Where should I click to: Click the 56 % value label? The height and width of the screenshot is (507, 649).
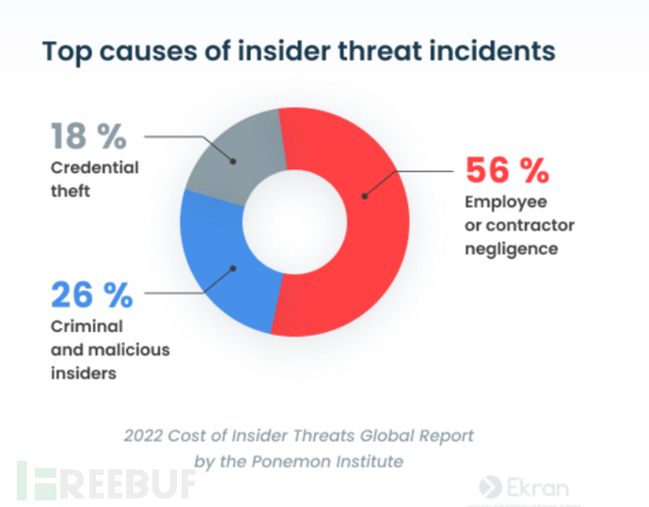click(x=507, y=172)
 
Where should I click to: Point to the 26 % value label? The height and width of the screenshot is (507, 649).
click(x=91, y=295)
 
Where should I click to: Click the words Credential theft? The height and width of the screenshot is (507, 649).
click(x=94, y=178)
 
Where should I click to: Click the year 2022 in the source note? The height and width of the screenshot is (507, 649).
click(x=143, y=436)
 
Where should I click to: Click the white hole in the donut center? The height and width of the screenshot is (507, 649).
click(x=293, y=222)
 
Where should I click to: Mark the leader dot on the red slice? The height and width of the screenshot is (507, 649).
click(x=364, y=195)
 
